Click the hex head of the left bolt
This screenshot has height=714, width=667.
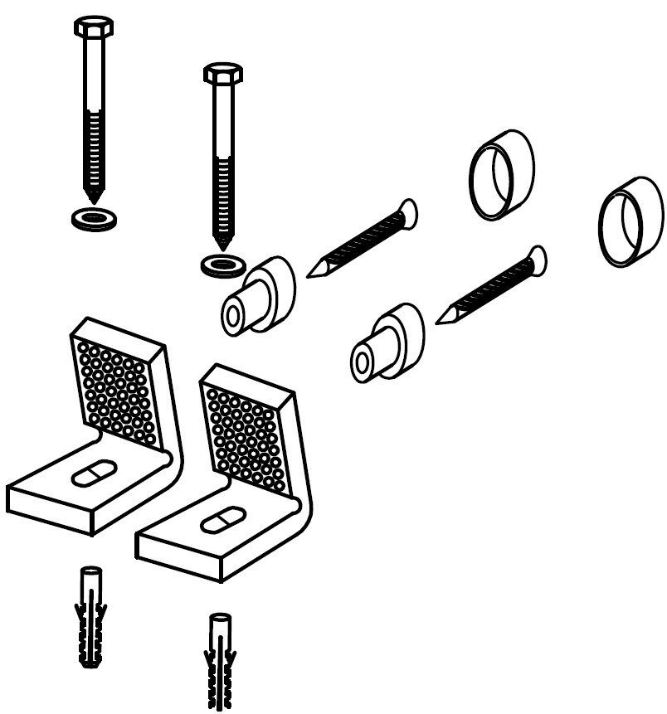coord(94,25)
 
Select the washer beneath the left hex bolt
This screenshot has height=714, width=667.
coord(93,219)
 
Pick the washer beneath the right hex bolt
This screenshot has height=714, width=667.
coord(222,265)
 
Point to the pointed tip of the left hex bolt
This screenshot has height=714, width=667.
coord(94,199)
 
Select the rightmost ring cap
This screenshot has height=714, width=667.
coord(632,221)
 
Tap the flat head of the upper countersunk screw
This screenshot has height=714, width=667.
coord(407,213)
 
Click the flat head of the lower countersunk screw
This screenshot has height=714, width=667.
coord(537,259)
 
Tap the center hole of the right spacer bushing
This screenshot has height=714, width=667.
coord(362,362)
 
